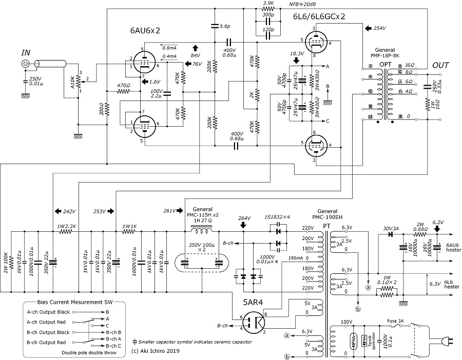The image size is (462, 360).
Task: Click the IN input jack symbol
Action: (26, 64)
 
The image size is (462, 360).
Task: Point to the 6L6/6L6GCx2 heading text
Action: (318, 16)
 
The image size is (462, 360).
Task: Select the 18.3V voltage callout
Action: (297, 53)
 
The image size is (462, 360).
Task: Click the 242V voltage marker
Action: (69, 211)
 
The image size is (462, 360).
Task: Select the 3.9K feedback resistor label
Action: (267, 4)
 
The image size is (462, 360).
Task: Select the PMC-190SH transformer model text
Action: (327, 218)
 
